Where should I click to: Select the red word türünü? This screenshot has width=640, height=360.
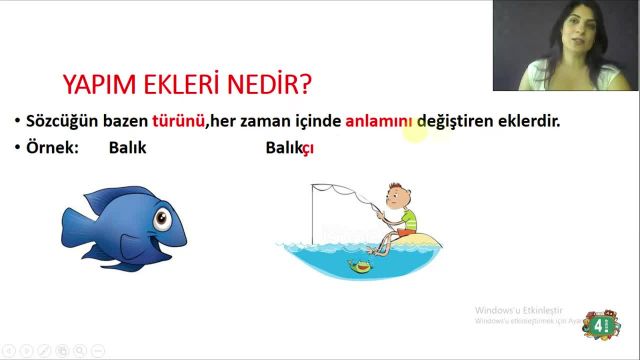[179, 122]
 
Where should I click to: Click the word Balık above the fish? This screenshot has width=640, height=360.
[126, 148]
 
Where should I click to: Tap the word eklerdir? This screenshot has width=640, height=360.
[524, 122]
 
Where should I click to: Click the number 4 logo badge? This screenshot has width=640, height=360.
[599, 326]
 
